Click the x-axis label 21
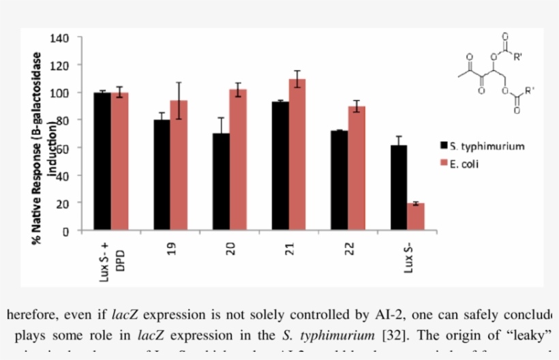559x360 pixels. click(x=289, y=246)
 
